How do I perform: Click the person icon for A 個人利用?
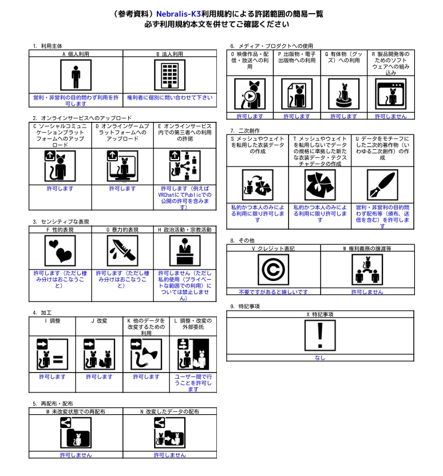(76, 76)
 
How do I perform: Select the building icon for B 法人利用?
(170, 76)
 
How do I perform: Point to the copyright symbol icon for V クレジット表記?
(272, 269)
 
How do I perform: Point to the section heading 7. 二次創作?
(245, 130)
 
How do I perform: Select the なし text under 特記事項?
(320, 358)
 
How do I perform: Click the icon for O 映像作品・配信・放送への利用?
(250, 94)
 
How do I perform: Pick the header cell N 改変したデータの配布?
(170, 411)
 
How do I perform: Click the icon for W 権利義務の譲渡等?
(367, 269)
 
